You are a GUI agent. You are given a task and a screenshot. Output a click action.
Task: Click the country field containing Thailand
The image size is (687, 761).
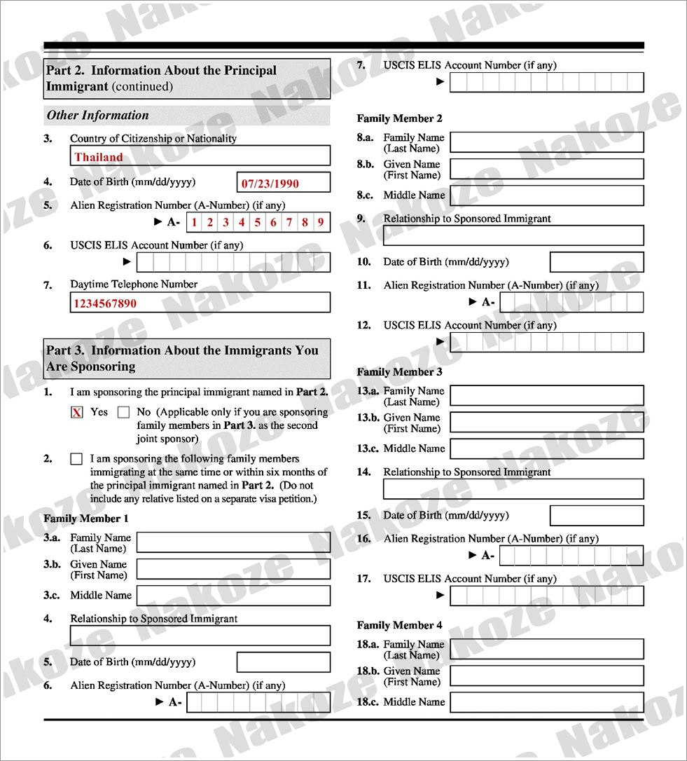[200, 156]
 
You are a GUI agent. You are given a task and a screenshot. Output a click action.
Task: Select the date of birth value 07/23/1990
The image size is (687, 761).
[284, 183]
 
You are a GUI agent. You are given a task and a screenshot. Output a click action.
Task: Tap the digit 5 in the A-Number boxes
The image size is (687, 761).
[257, 223]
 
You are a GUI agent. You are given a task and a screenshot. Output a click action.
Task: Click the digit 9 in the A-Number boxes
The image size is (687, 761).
[321, 223]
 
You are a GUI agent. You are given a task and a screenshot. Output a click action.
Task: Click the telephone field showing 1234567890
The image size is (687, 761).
[200, 303]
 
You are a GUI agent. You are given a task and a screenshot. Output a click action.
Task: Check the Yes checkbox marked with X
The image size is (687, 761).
[77, 413]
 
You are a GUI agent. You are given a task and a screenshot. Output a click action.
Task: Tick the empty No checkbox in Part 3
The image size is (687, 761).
[124, 413]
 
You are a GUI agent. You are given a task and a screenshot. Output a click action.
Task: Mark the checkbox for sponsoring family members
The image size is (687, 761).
[76, 460]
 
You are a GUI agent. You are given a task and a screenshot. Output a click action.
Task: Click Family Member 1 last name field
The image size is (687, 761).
[233, 542]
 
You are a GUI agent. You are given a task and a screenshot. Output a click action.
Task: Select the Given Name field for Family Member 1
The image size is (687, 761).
[233, 569]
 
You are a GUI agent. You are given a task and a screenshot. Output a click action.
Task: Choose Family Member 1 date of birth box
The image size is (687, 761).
[283, 662]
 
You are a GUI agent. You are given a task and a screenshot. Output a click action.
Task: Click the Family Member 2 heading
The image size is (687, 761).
[399, 118]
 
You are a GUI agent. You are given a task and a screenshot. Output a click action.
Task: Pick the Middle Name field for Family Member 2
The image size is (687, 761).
[546, 196]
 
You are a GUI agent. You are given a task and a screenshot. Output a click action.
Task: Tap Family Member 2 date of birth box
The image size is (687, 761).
[596, 262]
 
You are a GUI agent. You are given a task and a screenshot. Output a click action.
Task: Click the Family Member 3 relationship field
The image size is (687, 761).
[513, 489]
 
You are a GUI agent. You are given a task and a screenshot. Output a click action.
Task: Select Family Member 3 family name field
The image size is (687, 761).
[546, 396]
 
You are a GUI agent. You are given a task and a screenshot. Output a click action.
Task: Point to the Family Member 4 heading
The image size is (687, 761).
[399, 625]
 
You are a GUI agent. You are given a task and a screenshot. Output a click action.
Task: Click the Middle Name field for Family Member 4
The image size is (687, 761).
[546, 702]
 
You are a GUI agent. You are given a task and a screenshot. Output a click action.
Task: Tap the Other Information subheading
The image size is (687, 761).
[98, 116]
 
